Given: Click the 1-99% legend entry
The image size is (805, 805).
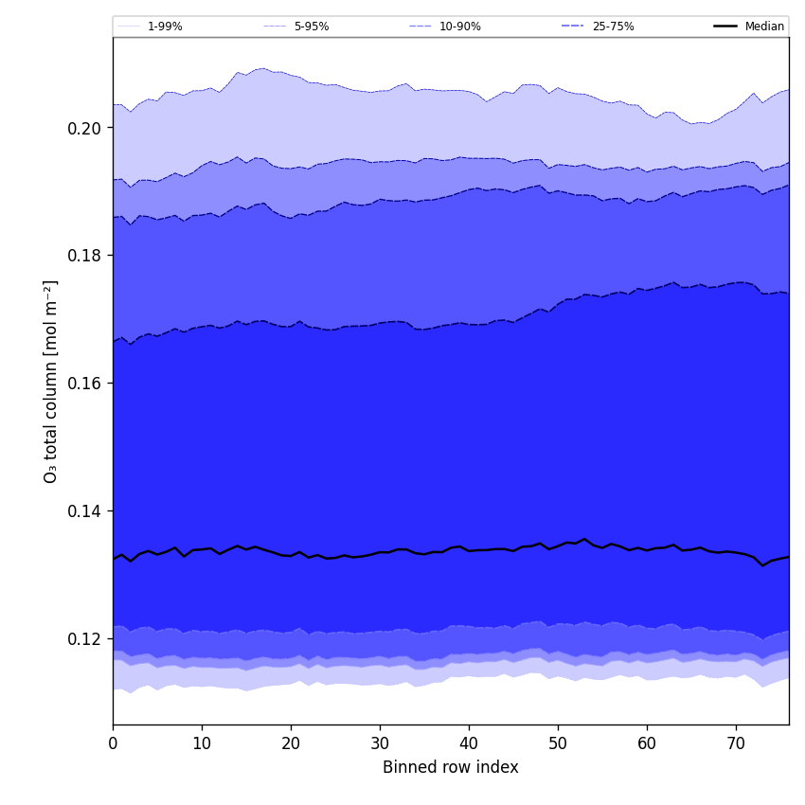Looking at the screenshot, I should coord(164,27).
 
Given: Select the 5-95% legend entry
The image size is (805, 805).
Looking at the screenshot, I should coord(311,27).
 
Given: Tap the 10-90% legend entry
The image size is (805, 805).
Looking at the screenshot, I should coord(459,27).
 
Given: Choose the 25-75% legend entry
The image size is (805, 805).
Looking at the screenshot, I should coord(613,27).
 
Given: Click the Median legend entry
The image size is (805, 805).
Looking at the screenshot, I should coord(764,27).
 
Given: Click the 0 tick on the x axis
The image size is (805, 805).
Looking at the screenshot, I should coord(113,744).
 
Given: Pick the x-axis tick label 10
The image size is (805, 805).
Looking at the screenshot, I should coord(202,744).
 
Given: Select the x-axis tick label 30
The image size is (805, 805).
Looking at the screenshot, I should coord(380,744).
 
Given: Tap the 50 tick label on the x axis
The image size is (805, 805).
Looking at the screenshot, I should coord(558,744).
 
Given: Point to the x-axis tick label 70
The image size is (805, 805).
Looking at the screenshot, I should coord(736,744).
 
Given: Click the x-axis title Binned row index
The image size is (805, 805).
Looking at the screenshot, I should coord(451,768).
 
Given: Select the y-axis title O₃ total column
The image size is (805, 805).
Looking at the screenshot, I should coord(51,381).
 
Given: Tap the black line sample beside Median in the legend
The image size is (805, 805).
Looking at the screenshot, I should coord(725,27).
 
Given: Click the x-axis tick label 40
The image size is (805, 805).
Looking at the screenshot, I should coord(469,744).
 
